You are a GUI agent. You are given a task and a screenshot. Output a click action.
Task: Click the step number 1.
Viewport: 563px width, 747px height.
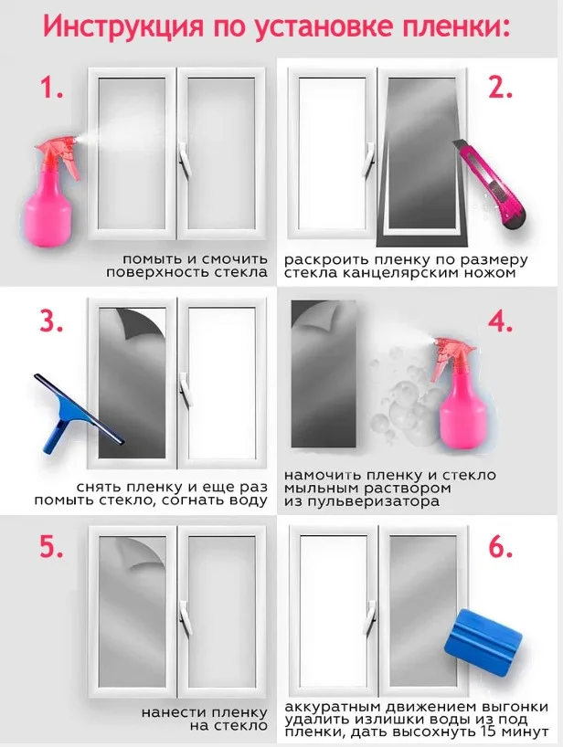[x=51, y=88]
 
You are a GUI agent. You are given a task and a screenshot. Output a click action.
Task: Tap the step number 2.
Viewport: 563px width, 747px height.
[x=500, y=88]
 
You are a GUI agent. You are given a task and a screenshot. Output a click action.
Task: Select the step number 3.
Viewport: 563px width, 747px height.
[x=51, y=322]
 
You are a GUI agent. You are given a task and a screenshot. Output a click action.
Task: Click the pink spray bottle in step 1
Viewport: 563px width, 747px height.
[x=51, y=191]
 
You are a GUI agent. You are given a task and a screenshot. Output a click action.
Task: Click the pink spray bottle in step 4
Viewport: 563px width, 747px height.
[x=456, y=396]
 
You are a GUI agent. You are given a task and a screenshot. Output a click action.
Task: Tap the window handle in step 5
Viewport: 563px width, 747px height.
[x=184, y=618]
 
